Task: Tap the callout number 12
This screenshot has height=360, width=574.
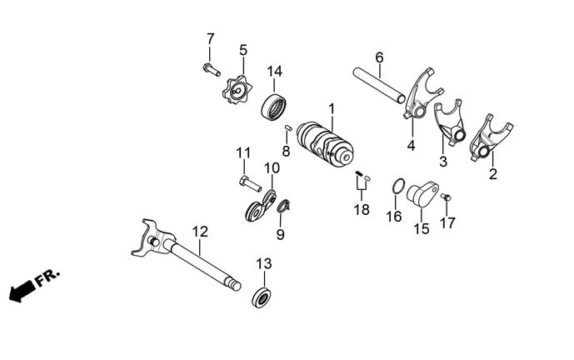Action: click(x=200, y=231)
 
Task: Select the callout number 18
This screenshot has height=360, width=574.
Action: click(x=361, y=210)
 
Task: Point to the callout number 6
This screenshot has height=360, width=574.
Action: click(x=379, y=57)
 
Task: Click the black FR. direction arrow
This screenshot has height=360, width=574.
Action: click(x=22, y=289)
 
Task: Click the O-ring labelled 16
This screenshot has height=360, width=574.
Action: click(x=398, y=187)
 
